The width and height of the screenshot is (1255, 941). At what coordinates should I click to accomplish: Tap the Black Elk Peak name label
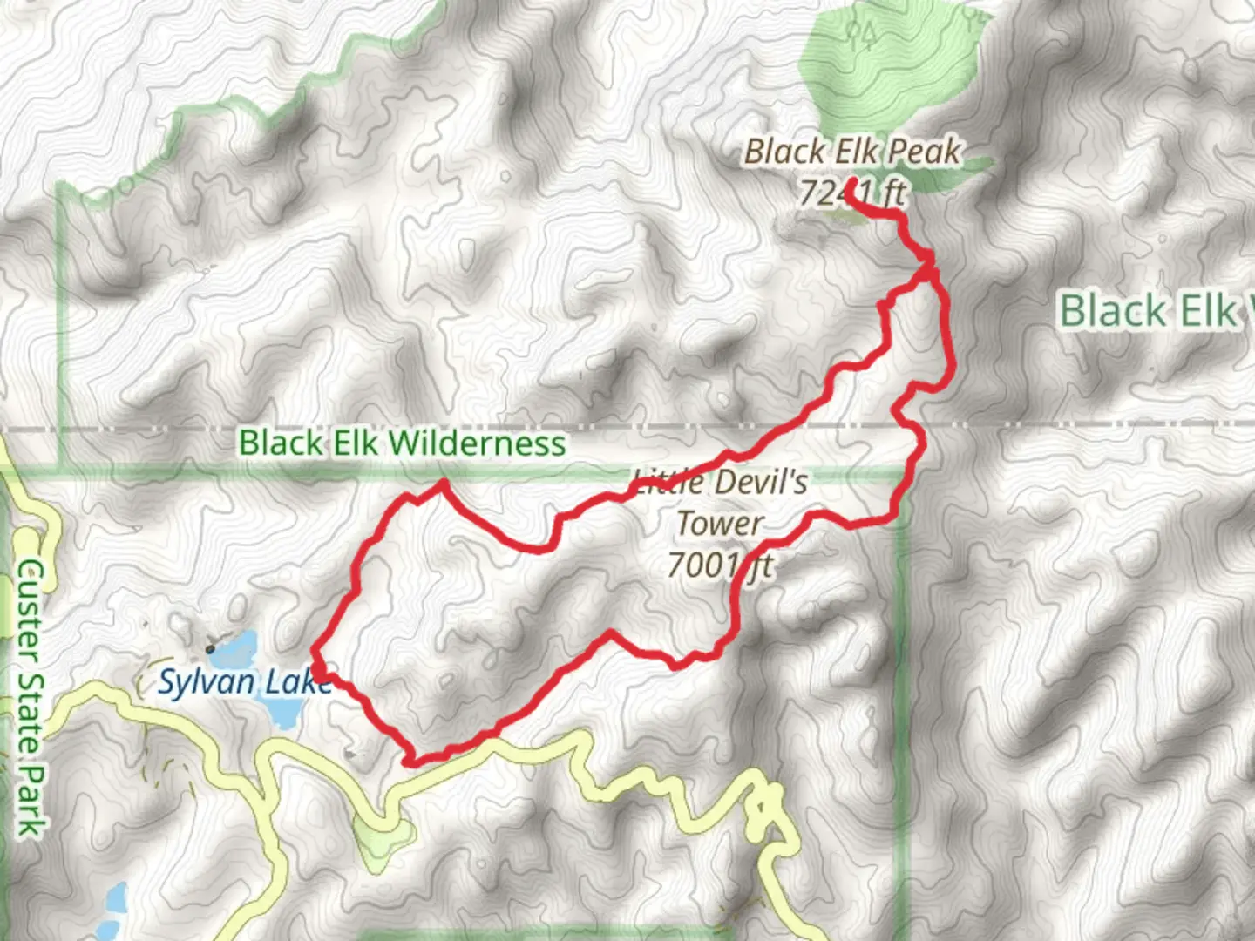pos(851,152)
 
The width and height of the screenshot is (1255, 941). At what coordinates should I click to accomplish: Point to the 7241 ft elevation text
pos(851,193)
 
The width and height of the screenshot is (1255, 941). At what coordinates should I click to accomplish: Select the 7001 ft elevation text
pos(720,566)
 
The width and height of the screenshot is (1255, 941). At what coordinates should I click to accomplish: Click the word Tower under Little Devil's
pos(720,524)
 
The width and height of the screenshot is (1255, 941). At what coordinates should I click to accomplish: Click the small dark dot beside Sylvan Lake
pos(210,648)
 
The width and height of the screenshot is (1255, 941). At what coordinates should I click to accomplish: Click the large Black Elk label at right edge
pos(1155,311)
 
